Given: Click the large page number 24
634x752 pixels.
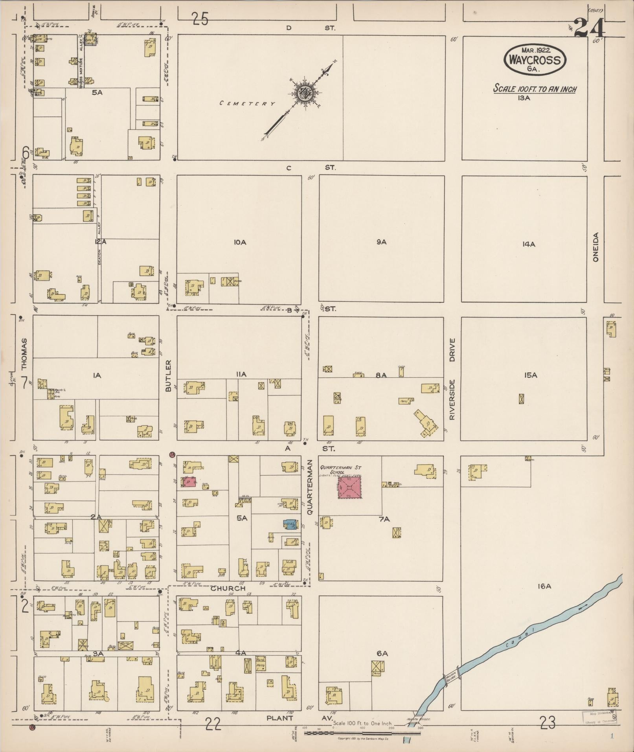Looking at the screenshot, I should (588, 29).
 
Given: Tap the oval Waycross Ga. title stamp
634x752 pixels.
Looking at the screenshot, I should (535, 60).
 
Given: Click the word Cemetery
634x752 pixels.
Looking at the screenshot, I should (247, 103).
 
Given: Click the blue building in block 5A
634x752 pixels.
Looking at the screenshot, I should (290, 524).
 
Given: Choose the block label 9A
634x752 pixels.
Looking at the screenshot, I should (381, 242).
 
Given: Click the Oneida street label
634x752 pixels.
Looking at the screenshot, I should (595, 247).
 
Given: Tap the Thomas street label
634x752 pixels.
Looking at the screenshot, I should (24, 354).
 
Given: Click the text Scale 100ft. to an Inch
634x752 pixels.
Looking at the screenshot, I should (535, 89).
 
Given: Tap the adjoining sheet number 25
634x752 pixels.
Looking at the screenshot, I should (200, 19).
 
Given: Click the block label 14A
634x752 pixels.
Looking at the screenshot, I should (529, 244).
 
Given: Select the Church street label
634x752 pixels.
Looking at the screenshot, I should (228, 588).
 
